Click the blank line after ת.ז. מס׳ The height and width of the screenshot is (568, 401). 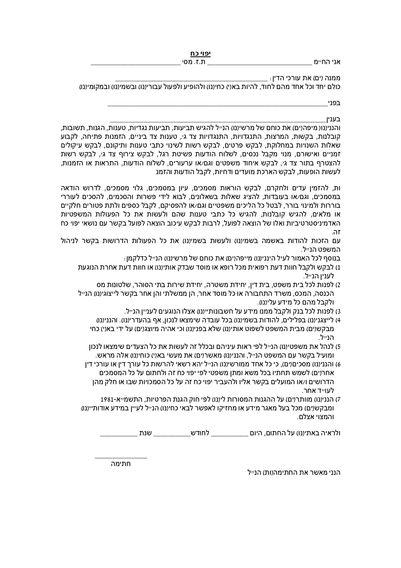coord(135,63)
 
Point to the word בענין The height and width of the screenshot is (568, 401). coord(333,119)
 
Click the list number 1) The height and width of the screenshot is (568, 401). coord(338,268)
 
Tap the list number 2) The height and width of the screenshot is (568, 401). coord(338,285)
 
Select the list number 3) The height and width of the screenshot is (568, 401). coord(338,312)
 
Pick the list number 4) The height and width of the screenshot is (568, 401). coord(338,320)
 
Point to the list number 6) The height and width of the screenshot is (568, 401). coord(338,364)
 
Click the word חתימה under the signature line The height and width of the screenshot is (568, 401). coord(121,464)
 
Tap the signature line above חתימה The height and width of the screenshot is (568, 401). coord(121,457)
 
